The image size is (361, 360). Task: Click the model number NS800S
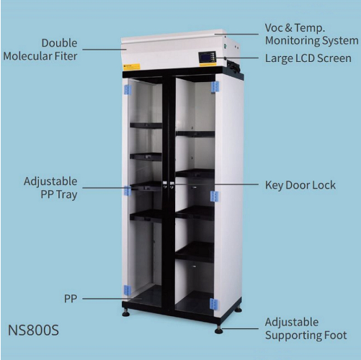coord(33,330)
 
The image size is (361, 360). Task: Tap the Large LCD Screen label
coord(308,58)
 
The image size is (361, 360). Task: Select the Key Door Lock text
coord(300,185)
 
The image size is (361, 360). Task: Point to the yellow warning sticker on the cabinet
coord(131,67)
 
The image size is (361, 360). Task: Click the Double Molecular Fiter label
coord(40,50)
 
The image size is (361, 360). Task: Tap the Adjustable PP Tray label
coord(50,188)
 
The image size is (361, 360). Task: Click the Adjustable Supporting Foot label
coord(306,329)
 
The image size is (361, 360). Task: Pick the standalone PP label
coord(71,299)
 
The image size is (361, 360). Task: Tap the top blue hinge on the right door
coord(215,87)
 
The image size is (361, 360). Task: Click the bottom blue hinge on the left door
coord(128,290)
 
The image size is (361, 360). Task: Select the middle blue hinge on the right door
coord(214,197)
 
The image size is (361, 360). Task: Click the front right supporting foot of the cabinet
coord(218,330)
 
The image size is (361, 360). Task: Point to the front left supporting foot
coord(126,312)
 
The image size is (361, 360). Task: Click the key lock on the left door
coord(165,184)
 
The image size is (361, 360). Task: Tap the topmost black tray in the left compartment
coord(146,125)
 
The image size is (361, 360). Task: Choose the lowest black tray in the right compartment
coord(195,252)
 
